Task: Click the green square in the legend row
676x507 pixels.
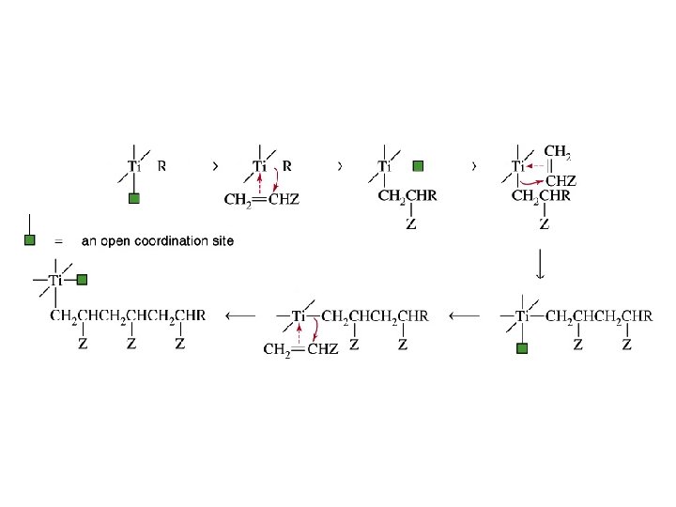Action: click(30, 240)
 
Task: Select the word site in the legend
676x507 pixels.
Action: click(222, 241)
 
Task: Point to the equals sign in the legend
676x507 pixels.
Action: click(58, 241)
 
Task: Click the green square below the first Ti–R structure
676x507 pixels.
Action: click(134, 198)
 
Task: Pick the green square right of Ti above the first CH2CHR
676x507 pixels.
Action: click(418, 166)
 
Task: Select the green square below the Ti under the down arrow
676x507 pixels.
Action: click(523, 349)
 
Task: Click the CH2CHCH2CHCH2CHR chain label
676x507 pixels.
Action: click(127, 316)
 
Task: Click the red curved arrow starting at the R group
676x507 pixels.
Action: click(278, 182)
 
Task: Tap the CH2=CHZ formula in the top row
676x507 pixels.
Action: click(262, 199)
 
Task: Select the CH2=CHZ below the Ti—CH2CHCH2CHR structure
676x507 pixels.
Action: click(300, 350)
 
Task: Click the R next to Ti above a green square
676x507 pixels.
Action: click(162, 166)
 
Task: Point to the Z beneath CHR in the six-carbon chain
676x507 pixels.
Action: click(179, 345)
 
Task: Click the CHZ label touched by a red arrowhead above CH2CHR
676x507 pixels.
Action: click(561, 180)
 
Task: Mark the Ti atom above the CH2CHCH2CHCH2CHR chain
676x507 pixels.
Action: click(56, 280)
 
